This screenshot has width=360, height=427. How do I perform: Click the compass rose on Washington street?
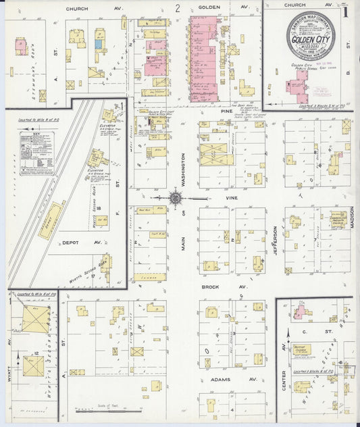coord(175,198)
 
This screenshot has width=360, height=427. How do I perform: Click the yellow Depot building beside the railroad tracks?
coord(50,220)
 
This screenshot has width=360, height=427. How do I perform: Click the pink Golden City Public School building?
coord(297,86)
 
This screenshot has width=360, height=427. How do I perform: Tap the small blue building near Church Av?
coord(99,44)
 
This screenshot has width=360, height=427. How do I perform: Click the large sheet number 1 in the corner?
coord(345,11)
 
